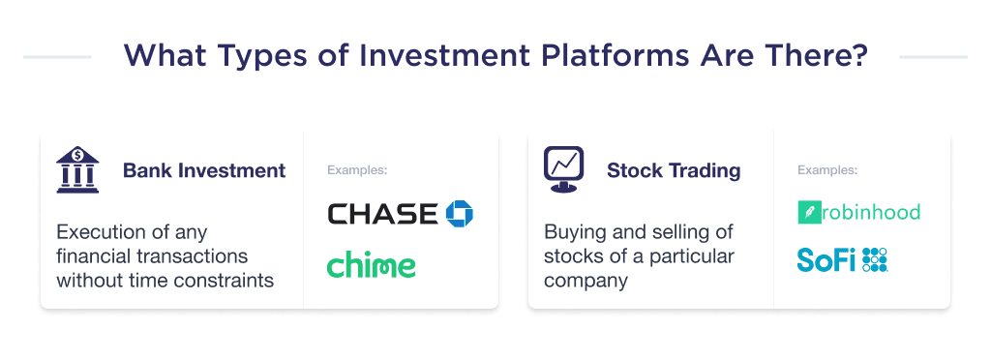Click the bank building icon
point(77,171)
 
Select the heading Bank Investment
point(204,171)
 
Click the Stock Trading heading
point(674,171)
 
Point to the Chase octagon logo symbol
point(459,214)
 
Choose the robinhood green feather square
point(808,213)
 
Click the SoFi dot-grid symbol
point(875,259)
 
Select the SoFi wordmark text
point(826,259)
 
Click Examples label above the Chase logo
point(357,170)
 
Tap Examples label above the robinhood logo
point(827,170)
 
